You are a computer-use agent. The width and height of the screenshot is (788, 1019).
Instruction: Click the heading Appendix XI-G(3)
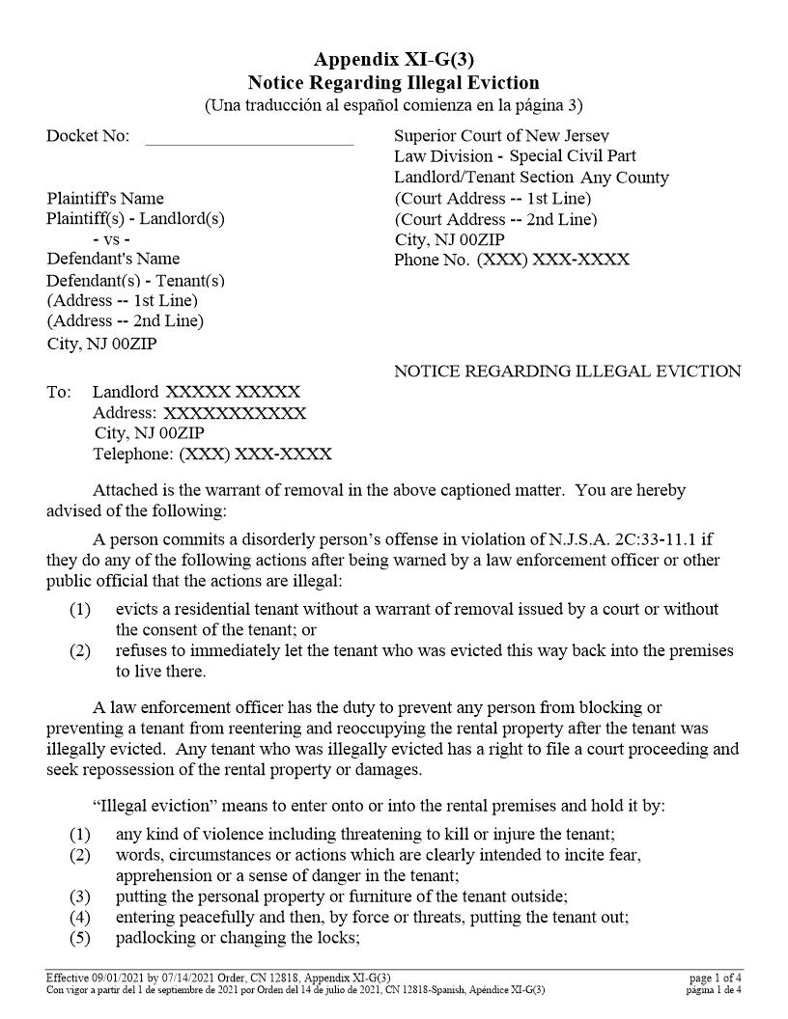(x=393, y=60)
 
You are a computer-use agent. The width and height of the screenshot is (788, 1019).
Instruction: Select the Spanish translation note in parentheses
(x=393, y=104)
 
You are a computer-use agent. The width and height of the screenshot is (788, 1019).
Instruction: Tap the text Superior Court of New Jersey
(x=501, y=136)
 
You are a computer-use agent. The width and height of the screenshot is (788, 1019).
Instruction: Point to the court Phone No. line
(x=511, y=260)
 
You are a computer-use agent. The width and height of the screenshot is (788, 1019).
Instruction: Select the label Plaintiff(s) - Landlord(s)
(x=135, y=218)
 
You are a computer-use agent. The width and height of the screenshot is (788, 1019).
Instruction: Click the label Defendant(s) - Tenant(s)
(x=135, y=280)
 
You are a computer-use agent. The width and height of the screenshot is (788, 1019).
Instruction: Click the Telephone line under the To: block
(x=211, y=454)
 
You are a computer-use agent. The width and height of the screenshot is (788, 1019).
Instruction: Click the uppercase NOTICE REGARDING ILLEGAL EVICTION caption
(x=567, y=372)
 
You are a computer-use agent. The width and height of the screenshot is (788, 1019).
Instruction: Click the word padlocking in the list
(x=158, y=938)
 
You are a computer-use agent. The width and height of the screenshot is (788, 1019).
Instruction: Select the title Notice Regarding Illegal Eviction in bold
(x=393, y=82)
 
